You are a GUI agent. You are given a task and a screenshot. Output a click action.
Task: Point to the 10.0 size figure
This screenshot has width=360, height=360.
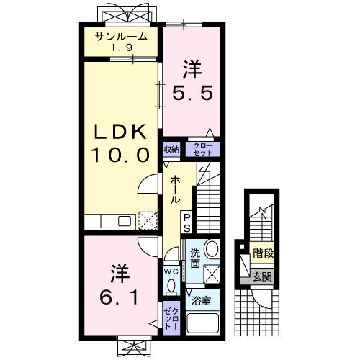click(120, 154)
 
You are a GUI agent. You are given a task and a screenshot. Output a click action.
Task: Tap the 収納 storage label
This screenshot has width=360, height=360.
click(171, 150)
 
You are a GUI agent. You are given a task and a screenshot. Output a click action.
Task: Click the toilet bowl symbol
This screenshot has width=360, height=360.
click(171, 286)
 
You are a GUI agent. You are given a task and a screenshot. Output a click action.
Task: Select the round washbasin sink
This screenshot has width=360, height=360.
click(212, 249)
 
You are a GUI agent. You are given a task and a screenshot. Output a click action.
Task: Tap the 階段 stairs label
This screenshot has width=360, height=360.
click(263, 253)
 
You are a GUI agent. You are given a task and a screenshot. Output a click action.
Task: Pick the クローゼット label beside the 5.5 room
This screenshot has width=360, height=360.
click(202, 149)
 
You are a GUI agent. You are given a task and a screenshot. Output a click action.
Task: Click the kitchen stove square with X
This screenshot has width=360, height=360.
click(147, 220)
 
